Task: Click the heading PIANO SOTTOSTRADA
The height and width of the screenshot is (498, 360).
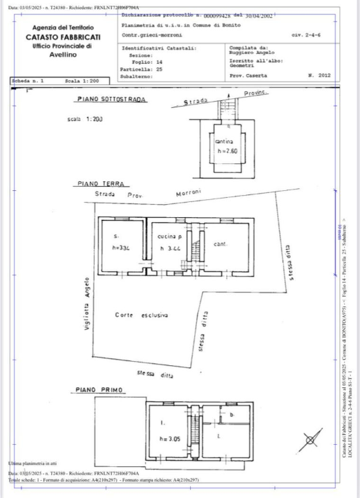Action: (111, 100)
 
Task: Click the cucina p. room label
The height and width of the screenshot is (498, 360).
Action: (167, 236)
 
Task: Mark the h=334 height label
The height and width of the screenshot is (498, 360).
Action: (122, 248)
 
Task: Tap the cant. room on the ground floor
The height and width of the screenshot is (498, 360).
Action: (220, 243)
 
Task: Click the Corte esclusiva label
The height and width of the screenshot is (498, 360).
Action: (142, 315)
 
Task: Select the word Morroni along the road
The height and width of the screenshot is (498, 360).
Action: (188, 193)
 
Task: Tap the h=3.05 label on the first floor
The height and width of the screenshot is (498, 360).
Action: (169, 439)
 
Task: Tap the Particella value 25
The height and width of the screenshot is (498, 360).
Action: (158, 70)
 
